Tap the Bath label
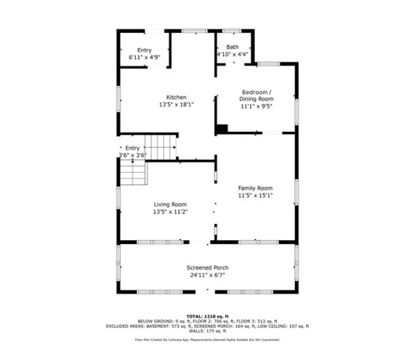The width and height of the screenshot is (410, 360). [x=232, y=47]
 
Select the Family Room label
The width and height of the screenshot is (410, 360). [x=255, y=187]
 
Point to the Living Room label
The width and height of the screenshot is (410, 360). [x=170, y=205]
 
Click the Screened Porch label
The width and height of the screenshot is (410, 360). [x=208, y=267]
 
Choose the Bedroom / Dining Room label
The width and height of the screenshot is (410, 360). [x=257, y=95]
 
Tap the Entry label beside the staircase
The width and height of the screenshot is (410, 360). [x=132, y=148]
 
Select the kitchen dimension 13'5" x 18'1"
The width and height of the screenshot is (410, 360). [x=176, y=105]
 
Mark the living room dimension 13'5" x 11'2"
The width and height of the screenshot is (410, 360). [x=170, y=212]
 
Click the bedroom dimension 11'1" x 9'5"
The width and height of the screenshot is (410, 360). [x=257, y=106]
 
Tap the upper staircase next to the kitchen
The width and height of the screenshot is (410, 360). [x=164, y=147]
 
